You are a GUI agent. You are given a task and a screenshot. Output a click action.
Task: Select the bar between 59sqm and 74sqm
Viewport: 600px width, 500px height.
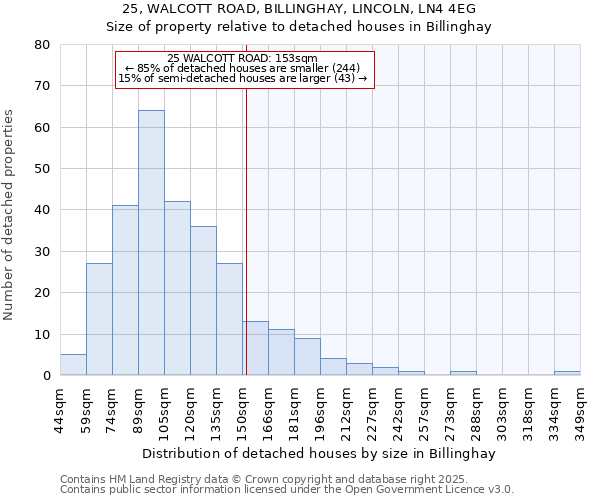click(99, 319)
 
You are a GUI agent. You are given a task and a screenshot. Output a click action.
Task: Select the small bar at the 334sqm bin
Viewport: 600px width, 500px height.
click(567, 373)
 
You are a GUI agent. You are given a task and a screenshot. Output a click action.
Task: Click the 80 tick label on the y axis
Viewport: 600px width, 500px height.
click(42, 45)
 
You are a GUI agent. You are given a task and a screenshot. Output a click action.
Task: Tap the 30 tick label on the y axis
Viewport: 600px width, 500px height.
click(42, 251)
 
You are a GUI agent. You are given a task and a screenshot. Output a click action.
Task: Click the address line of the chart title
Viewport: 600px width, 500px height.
click(299, 9)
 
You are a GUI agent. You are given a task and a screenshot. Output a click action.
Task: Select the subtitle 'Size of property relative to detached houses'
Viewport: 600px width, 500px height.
click(299, 27)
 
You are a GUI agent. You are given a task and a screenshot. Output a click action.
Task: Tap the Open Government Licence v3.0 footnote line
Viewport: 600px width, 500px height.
click(287, 489)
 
